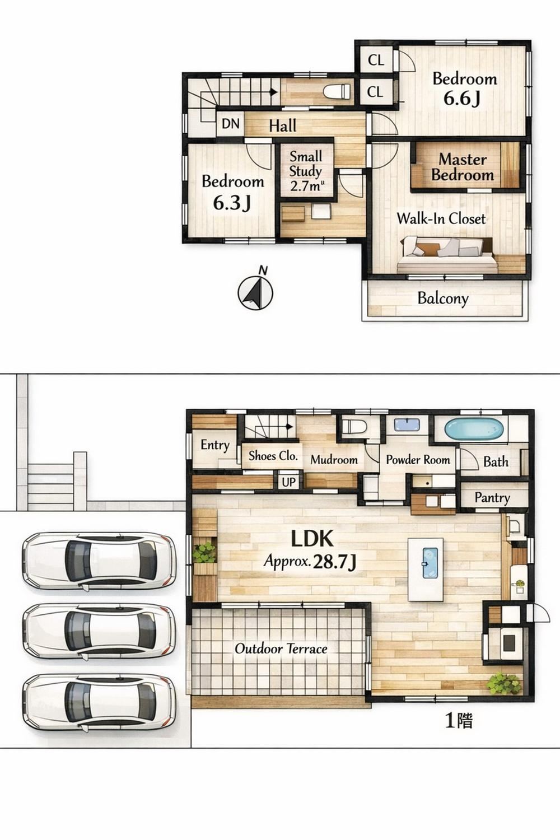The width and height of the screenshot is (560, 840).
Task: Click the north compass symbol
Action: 255,290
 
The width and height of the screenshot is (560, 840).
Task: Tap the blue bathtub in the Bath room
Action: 474,429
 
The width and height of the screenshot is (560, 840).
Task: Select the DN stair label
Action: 230,124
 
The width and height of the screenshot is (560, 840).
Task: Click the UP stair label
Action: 288,482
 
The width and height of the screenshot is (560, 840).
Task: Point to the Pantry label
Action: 492,498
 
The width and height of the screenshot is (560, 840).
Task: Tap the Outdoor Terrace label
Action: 281,648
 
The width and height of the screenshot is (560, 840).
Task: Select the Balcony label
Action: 443,298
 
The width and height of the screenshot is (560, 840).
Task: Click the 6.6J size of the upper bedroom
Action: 462,99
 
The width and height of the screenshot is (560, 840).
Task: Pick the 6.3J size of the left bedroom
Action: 232,203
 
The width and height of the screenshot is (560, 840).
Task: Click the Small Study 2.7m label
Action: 306,171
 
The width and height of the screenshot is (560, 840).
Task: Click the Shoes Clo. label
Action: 273,456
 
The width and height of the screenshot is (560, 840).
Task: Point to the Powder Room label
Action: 418,460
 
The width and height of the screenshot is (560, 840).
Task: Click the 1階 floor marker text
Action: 459,720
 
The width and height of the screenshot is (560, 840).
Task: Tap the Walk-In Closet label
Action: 441,218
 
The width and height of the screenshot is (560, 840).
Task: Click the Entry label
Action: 215,445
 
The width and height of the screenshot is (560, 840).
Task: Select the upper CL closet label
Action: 376,60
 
